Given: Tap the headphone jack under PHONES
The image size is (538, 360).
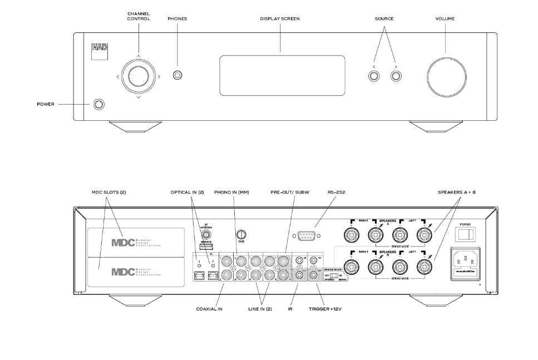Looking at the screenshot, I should pos(177,76).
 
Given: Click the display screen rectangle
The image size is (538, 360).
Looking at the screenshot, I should pos(282,76).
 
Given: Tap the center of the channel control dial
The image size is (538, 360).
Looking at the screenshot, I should pos(137,75).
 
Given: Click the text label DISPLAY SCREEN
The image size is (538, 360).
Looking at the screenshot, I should pos(280,19).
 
